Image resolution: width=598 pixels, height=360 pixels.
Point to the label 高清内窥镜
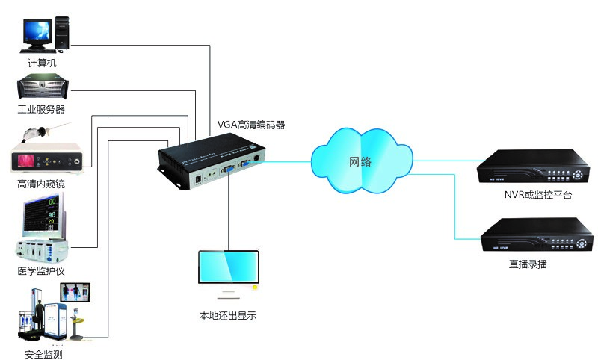41,183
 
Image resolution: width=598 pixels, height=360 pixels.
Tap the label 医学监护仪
41,270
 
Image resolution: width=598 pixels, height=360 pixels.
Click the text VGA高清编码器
250,125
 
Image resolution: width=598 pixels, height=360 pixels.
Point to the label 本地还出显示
228,316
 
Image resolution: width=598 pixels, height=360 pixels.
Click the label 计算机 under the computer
42,63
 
